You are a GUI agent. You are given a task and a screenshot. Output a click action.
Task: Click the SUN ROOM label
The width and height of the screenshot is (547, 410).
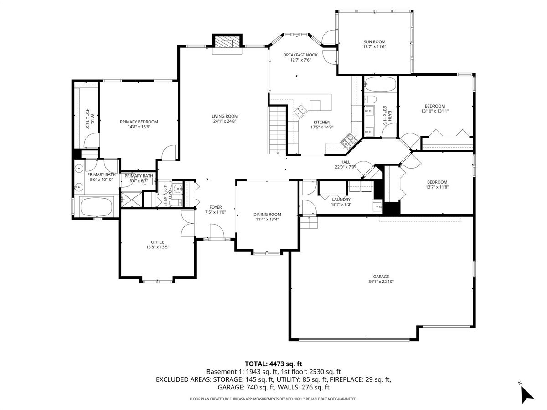pyautogui.click(x=374, y=42)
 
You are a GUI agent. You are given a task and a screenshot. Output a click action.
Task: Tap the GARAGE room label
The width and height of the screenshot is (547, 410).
pyautogui.click(x=381, y=277)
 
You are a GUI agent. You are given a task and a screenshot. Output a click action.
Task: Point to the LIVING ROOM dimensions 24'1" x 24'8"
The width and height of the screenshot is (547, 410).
pyautogui.click(x=225, y=121)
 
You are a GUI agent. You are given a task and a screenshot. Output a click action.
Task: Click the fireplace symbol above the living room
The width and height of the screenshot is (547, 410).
pyautogui.click(x=227, y=42)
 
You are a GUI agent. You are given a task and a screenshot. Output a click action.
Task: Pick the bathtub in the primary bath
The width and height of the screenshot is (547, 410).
pyautogui.click(x=97, y=207)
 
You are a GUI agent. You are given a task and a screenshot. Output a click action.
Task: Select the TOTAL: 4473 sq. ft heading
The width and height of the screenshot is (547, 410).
pyautogui.click(x=273, y=364)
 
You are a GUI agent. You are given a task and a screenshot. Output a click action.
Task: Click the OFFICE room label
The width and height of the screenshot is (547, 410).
pyautogui.click(x=158, y=242)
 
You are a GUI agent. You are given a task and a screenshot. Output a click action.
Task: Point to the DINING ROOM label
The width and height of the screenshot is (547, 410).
pyautogui.click(x=267, y=215)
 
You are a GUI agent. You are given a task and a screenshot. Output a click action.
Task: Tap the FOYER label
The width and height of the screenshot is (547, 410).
pyautogui.click(x=215, y=207)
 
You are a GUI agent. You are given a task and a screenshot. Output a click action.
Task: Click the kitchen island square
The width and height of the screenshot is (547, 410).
pyautogui.click(x=315, y=105)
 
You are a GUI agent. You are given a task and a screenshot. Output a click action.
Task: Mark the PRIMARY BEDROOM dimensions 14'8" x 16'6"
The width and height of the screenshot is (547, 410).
pyautogui.click(x=139, y=127)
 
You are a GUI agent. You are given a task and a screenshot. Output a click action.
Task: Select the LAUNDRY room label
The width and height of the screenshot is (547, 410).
pyautogui.click(x=341, y=200)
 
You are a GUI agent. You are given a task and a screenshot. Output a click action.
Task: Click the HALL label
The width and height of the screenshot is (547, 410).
pyautogui.click(x=345, y=162)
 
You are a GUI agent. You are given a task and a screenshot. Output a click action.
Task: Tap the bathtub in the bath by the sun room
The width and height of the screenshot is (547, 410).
pyautogui.click(x=380, y=85)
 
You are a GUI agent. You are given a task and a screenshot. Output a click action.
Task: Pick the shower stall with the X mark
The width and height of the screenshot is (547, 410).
pyautogui.click(x=131, y=200)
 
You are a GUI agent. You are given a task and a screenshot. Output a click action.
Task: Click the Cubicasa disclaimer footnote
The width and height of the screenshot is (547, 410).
pyautogui.click(x=273, y=399)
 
